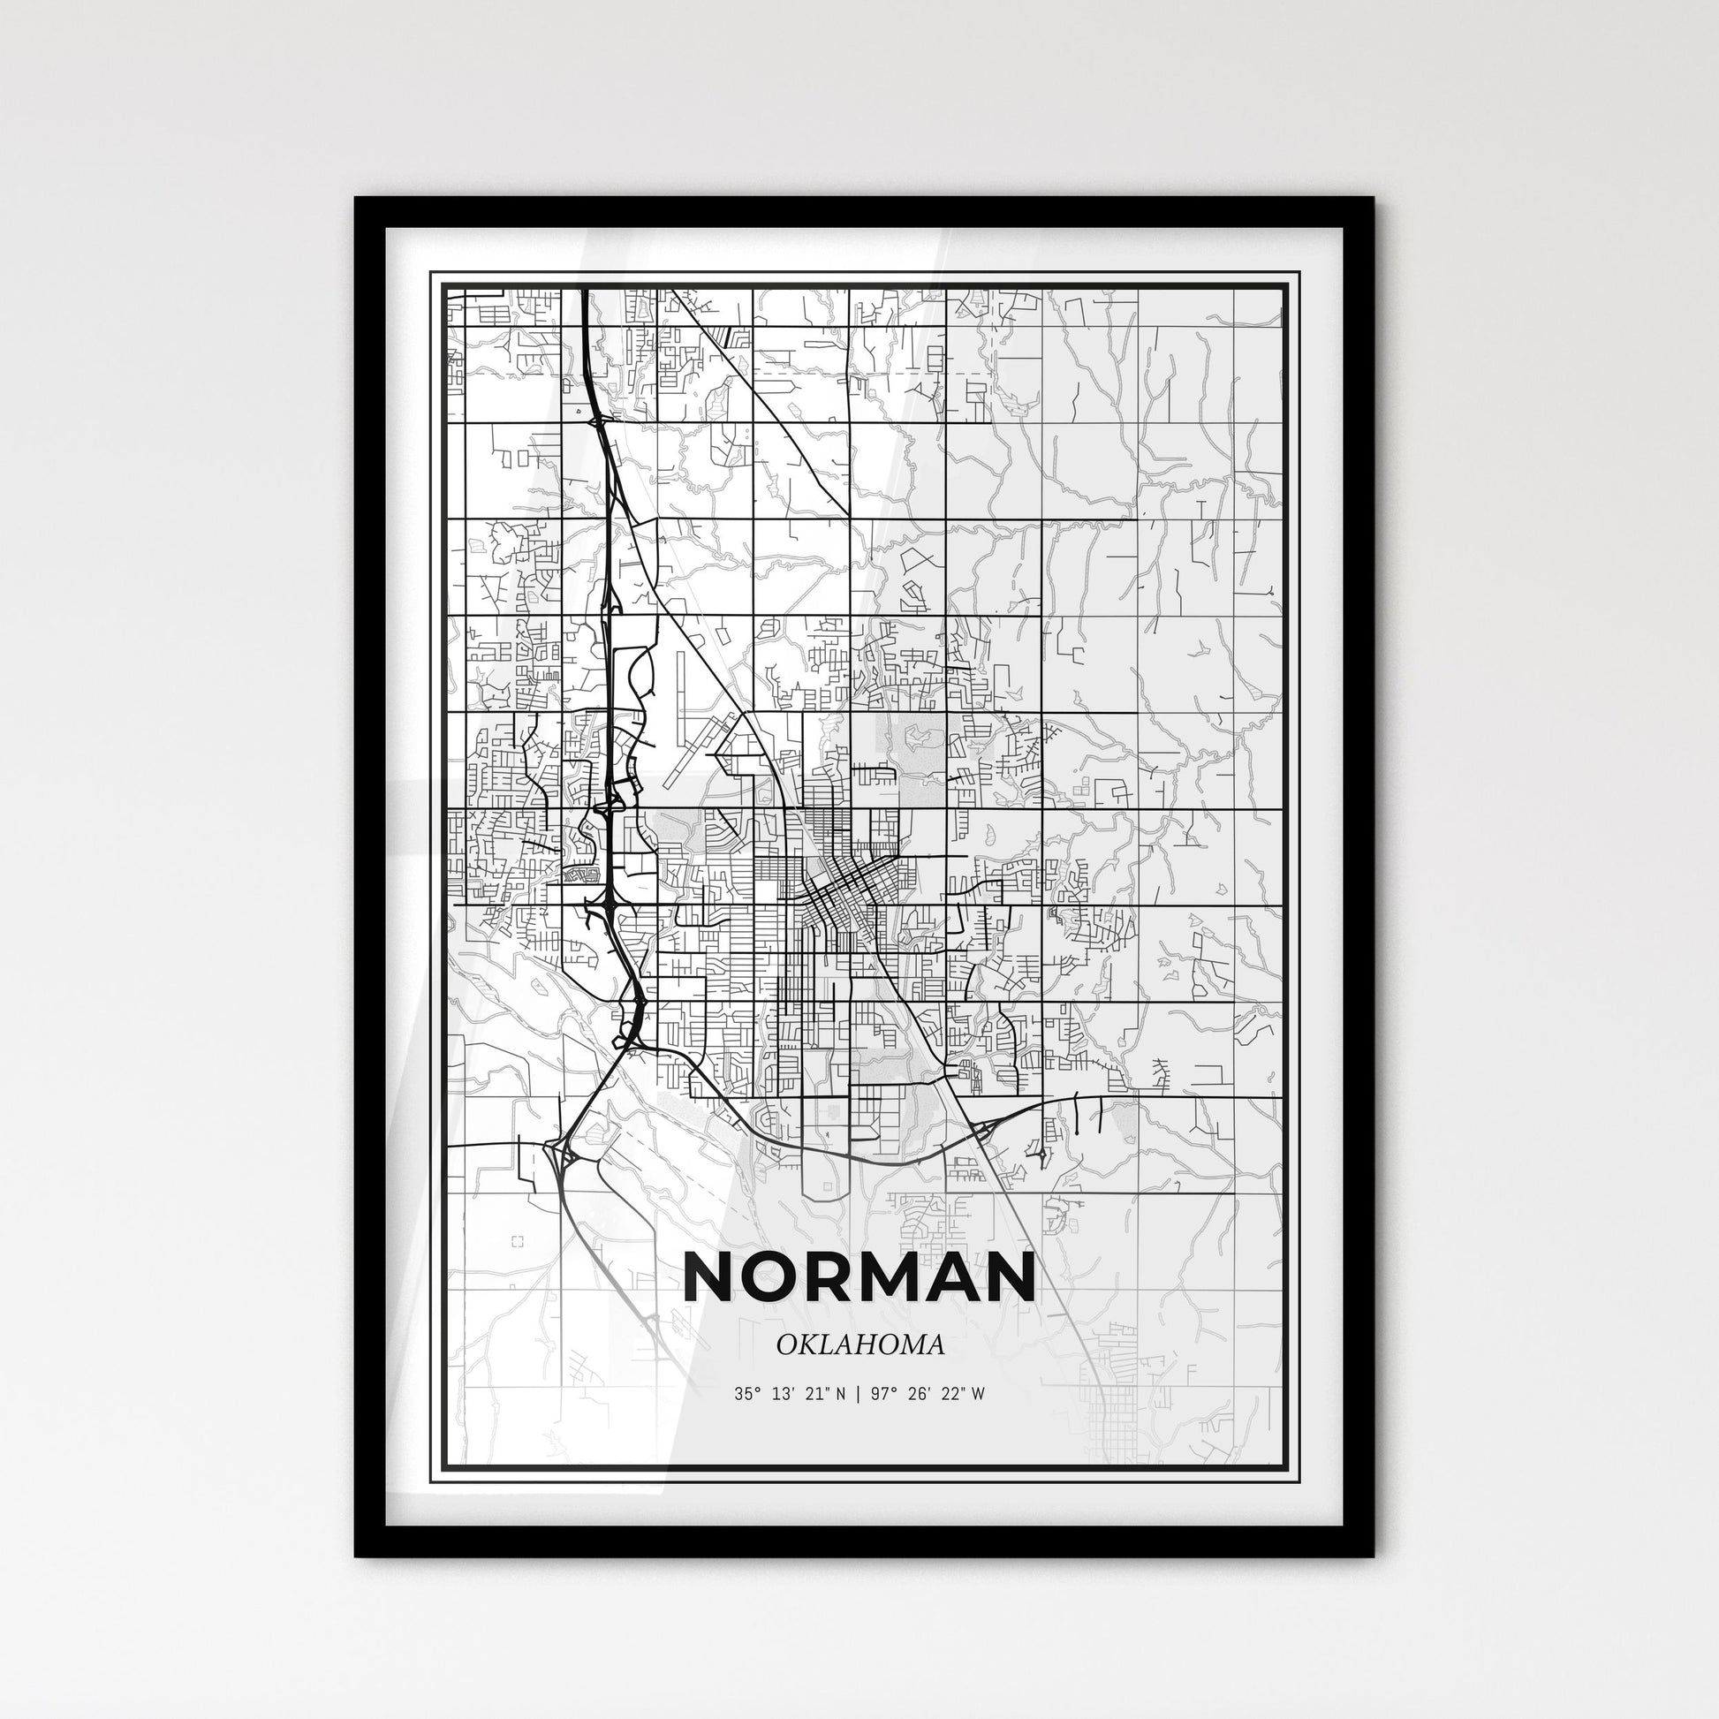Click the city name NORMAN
click(x=859, y=1277)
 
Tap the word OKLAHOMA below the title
click(x=859, y=1344)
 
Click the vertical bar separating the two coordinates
click(x=857, y=1394)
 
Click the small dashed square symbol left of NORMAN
click(x=518, y=1241)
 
